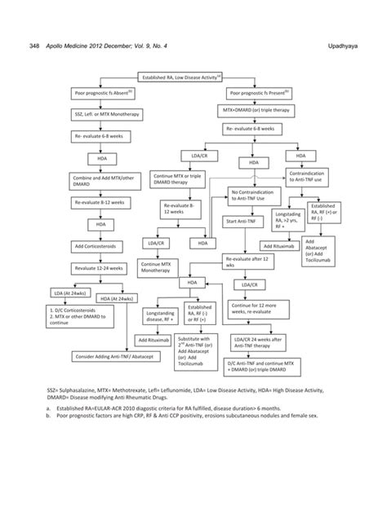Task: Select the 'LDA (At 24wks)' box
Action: click(69, 292)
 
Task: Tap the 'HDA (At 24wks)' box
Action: click(117, 300)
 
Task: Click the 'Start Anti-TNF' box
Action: click(244, 222)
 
